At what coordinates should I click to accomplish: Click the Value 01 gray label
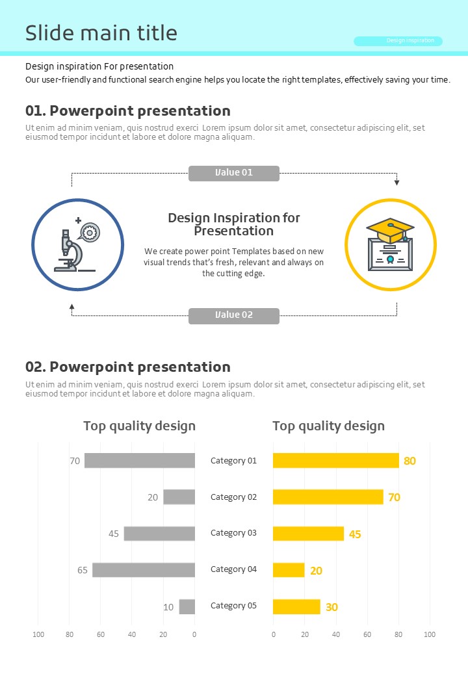(x=234, y=173)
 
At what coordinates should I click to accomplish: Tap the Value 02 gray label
(x=234, y=316)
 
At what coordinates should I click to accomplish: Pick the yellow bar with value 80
(x=335, y=461)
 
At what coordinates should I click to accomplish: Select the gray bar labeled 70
(x=140, y=461)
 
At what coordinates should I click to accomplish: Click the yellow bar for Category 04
(x=289, y=570)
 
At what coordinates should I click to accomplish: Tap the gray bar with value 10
(x=187, y=606)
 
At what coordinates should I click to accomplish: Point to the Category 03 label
(x=233, y=533)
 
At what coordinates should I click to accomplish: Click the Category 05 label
(x=233, y=606)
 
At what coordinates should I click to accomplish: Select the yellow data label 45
(x=355, y=534)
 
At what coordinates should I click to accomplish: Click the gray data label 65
(x=83, y=570)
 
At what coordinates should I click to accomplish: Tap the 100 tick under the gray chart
(x=38, y=634)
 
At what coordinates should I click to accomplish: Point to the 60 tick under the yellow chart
(x=367, y=634)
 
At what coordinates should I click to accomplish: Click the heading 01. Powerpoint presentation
(x=128, y=111)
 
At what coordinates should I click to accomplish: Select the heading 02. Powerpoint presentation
(x=128, y=367)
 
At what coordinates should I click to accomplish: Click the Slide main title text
(x=101, y=33)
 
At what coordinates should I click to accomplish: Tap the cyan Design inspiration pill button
(x=398, y=41)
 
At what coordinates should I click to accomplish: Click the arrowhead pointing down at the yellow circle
(x=397, y=183)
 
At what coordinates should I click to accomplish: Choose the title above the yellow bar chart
(x=328, y=426)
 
